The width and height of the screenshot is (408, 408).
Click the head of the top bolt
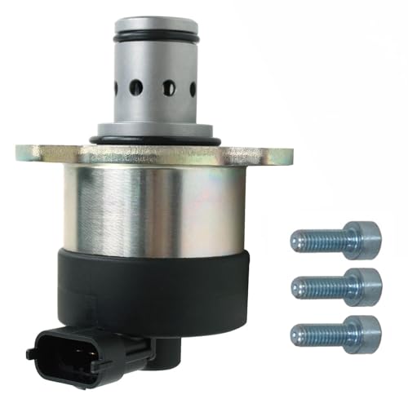362,238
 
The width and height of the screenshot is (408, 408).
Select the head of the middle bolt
362,286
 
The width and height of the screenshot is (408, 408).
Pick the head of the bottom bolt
362,332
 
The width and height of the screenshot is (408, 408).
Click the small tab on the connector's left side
32,353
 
